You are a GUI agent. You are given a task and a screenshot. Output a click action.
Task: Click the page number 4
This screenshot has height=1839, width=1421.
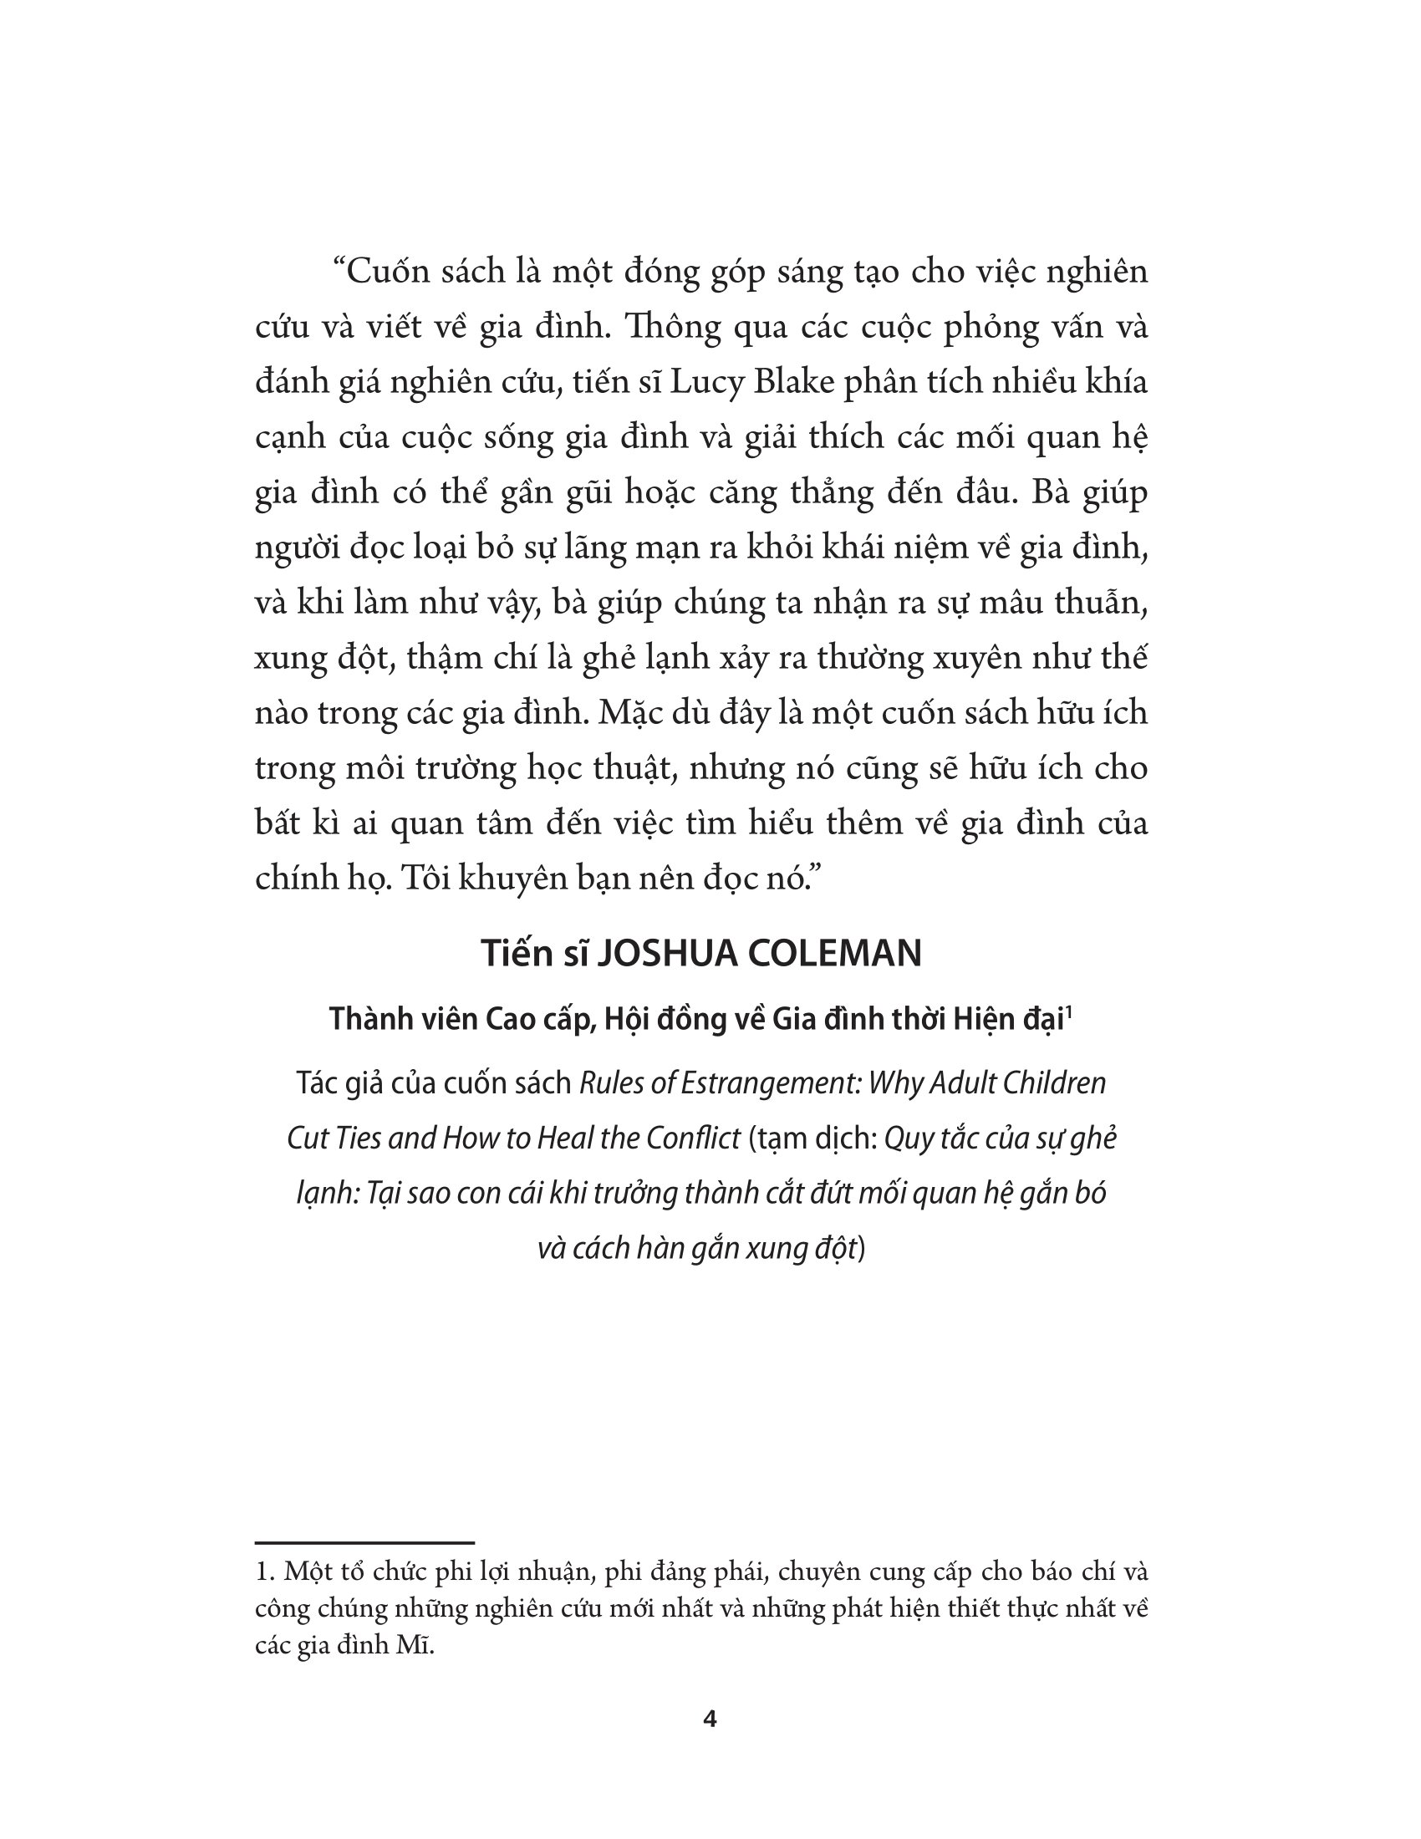click(x=710, y=1719)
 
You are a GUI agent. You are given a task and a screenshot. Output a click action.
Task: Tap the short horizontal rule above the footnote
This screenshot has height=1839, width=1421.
click(x=364, y=1542)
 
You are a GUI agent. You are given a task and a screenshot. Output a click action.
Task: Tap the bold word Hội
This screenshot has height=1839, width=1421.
click(x=628, y=1020)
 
